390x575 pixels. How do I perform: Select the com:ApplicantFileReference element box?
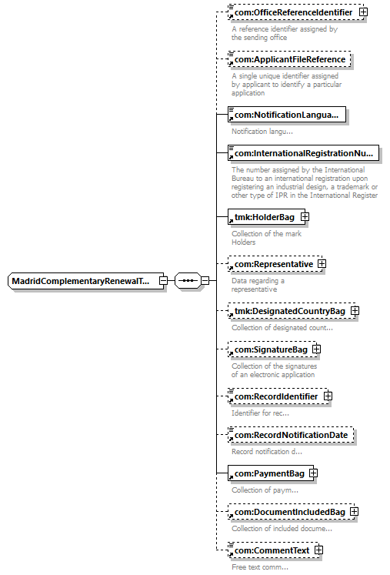[289, 59]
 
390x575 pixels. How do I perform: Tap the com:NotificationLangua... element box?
[287, 115]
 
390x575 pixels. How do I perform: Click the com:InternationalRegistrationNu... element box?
[303, 153]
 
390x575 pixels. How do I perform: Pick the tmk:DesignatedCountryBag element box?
[292, 311]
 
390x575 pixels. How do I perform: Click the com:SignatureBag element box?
[272, 349]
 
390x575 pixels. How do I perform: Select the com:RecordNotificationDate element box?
[291, 435]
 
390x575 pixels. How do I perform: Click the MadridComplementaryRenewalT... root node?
[86, 281]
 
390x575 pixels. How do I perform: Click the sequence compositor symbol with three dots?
[188, 281]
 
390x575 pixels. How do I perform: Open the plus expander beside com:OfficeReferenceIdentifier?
[363, 12]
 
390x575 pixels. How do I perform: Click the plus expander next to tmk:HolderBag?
[305, 217]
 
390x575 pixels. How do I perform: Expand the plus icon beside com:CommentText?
[319, 550]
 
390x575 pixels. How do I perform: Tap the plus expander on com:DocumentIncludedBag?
[354, 512]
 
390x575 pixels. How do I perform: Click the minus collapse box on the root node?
[164, 281]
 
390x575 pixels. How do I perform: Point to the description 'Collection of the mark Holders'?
[266, 238]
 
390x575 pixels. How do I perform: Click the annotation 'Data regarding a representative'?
[258, 285]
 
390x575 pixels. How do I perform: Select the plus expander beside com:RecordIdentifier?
[328, 396]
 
